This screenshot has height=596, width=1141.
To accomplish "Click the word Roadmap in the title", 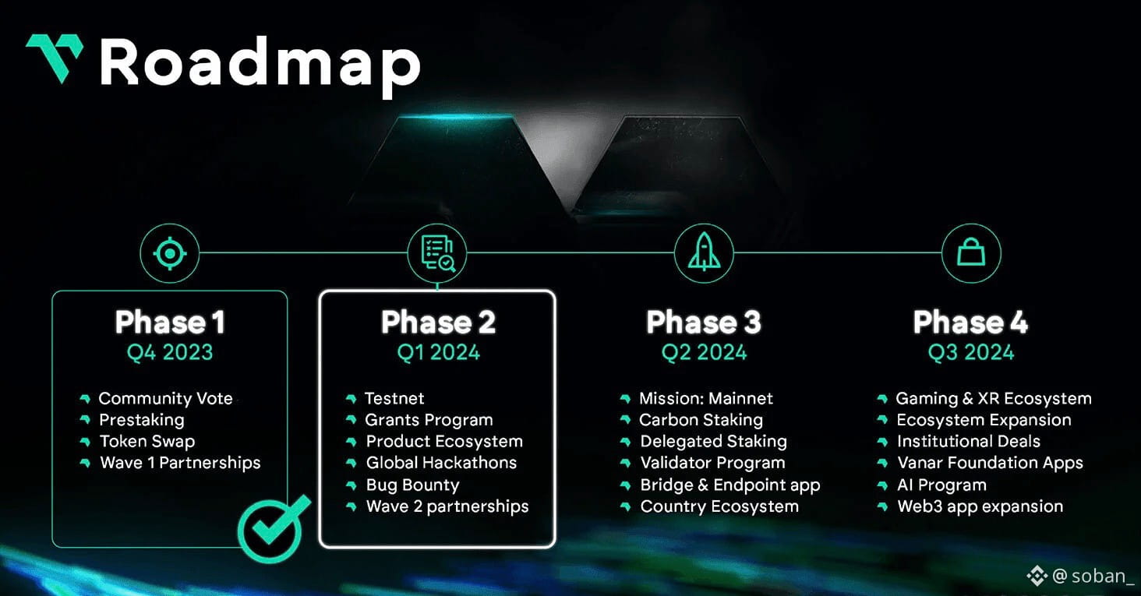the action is pos(260,65).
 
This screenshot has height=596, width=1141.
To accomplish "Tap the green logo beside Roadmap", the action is pos(54,57).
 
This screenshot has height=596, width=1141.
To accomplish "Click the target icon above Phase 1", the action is pos(169,253).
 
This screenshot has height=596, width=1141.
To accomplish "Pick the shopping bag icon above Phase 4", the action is pos(970,253).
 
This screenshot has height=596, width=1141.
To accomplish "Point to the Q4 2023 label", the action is pos(170,352).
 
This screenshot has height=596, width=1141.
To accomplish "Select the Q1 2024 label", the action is pos(438,352).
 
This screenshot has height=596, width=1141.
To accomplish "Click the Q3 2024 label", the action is pos(970,352).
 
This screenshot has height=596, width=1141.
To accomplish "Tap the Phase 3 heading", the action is pos(704,322).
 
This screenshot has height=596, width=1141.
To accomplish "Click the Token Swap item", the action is pos(147,441).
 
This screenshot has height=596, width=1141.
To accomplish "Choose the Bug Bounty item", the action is pos(412,485).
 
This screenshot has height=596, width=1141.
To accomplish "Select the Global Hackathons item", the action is pos(441,463).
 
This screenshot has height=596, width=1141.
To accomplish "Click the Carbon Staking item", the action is pos(701,420).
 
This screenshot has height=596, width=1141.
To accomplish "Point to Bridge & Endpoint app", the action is pos(730,485).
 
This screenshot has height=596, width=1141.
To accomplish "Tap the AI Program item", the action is pos(941,485).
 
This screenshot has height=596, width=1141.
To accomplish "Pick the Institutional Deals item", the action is pos(968,441).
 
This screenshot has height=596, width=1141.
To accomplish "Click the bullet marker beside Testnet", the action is pos(351,399).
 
